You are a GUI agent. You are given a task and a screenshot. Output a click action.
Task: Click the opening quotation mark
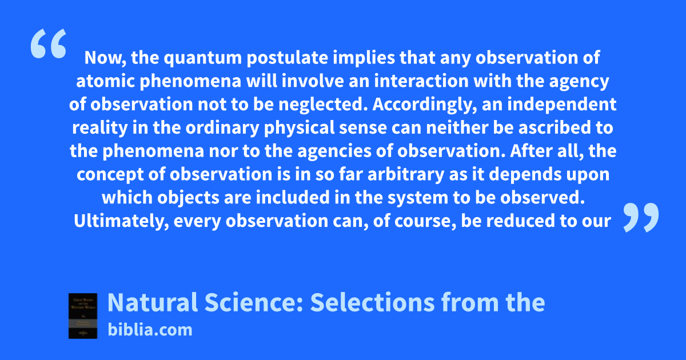pos(49,43)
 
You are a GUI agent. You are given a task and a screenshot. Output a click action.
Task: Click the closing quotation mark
pos(641,217)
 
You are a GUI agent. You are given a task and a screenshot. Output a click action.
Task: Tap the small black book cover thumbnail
pos(83,315)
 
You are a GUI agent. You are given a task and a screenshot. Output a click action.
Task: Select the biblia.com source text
pos(150,330)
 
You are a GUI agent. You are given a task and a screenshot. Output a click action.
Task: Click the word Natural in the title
pos(153,302)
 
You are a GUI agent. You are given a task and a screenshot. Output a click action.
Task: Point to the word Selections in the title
pos(372,302)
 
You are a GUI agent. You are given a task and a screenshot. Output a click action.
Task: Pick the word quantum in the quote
pos(203,58)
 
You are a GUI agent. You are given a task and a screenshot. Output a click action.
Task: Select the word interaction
pos(421,81)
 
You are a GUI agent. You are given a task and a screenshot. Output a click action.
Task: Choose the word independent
pos(561,105)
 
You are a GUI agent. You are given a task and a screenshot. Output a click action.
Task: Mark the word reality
pos(100,128)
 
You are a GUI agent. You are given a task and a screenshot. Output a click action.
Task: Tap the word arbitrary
pos(406,175)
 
